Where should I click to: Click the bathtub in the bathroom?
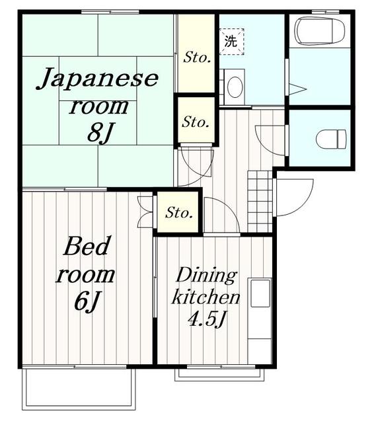click(x=320, y=30)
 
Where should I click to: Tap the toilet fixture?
click(x=331, y=139)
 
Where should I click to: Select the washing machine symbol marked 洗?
click(x=231, y=42)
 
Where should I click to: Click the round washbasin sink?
click(x=235, y=87)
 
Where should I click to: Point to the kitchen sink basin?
click(x=260, y=293)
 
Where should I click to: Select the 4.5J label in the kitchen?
click(x=207, y=319)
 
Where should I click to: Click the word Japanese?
click(x=97, y=78)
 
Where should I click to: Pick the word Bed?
click(x=87, y=246)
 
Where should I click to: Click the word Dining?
click(x=206, y=276)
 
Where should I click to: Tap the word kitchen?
click(x=205, y=297)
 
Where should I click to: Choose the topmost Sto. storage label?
click(x=197, y=58)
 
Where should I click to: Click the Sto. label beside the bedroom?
click(x=179, y=213)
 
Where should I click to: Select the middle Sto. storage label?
click(x=196, y=122)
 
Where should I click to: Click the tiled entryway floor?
click(x=260, y=201)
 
